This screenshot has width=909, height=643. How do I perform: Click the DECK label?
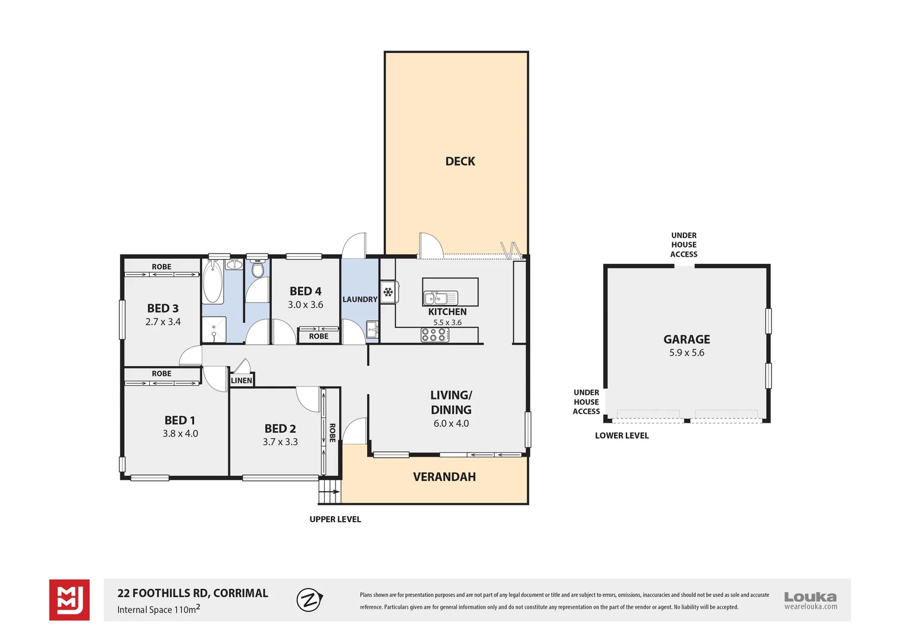click(x=460, y=161)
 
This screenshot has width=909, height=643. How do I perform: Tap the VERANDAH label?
click(x=444, y=477)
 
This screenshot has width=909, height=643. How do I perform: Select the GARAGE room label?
click(x=687, y=339)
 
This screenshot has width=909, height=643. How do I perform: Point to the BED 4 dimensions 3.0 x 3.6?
click(x=305, y=305)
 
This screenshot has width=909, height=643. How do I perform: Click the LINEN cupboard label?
click(x=242, y=380)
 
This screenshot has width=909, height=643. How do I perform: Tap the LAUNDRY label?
click(x=359, y=299)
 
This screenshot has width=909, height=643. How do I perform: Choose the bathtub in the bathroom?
click(x=213, y=283)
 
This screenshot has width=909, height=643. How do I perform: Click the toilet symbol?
click(x=258, y=270)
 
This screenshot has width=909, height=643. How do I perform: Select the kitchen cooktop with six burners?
click(x=434, y=335)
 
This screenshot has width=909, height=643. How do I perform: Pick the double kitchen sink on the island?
click(x=440, y=298)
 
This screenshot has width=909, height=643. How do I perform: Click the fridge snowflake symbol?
click(x=388, y=292)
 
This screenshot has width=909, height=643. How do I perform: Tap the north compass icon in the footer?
click(x=309, y=600)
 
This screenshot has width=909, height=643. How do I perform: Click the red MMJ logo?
click(x=69, y=600)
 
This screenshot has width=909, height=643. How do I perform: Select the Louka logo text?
click(x=810, y=597)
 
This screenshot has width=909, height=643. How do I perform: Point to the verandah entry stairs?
click(x=330, y=491)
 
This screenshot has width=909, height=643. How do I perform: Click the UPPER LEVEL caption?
click(x=335, y=519)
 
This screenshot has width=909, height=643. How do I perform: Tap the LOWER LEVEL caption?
click(x=622, y=436)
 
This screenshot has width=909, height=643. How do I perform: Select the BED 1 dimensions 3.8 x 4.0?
click(x=180, y=434)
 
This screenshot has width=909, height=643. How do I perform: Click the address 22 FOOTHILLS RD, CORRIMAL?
click(x=193, y=593)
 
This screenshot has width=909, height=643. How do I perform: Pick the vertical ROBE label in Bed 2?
click(x=332, y=432)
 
